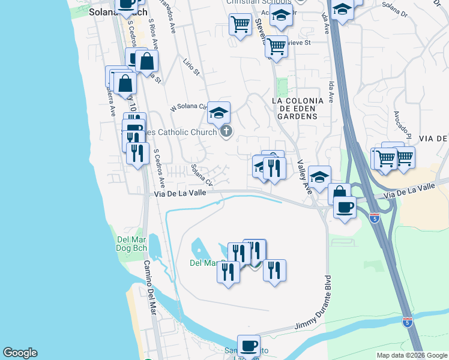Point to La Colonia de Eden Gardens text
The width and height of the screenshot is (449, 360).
298,109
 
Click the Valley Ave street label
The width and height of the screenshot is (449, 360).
303,180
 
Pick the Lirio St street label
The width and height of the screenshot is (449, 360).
191,68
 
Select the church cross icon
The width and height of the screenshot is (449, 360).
226,131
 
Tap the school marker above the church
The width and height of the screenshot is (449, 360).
219,111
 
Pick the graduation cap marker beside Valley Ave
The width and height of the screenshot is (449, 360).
320,176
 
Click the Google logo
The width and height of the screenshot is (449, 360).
20,353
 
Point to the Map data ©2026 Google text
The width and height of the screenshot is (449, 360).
412,355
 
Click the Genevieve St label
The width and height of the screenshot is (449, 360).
298,43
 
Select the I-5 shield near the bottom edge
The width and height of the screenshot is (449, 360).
407,322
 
